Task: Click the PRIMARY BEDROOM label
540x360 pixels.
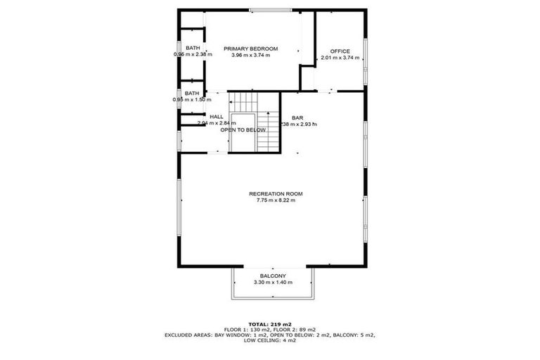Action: click(251, 49)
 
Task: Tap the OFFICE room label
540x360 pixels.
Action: click(340, 51)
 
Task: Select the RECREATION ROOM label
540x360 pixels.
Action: click(276, 194)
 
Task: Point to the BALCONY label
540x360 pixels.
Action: click(273, 276)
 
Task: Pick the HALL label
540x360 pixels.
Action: click(217, 117)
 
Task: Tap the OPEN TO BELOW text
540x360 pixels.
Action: click(243, 130)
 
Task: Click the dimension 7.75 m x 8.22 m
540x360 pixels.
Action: click(276, 201)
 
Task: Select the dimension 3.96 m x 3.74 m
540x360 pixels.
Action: click(251, 56)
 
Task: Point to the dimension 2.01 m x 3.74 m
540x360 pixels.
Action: click(340, 58)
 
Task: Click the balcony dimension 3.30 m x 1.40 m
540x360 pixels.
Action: click(273, 283)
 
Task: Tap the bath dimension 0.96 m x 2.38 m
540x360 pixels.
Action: click(193, 55)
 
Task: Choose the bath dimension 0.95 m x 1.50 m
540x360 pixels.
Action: click(192, 100)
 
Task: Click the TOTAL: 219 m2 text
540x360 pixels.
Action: click(270, 324)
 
